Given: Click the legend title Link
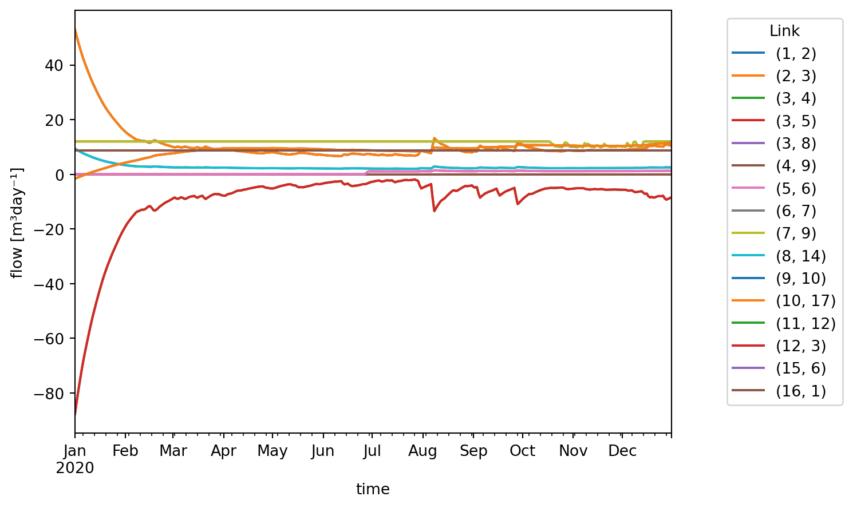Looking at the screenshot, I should point(784,31).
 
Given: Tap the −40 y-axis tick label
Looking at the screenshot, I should point(53,284).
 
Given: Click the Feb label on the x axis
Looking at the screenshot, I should point(125,451).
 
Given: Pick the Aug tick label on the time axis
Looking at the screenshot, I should point(423,451).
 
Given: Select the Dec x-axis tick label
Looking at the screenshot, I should point(622,451).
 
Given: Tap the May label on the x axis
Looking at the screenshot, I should point(273,451).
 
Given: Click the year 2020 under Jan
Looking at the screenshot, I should point(75,469).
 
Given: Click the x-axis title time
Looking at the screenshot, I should point(373,489).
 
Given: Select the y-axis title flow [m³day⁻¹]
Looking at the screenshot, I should point(18,223).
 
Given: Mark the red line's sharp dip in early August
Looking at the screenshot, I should point(435,211).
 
